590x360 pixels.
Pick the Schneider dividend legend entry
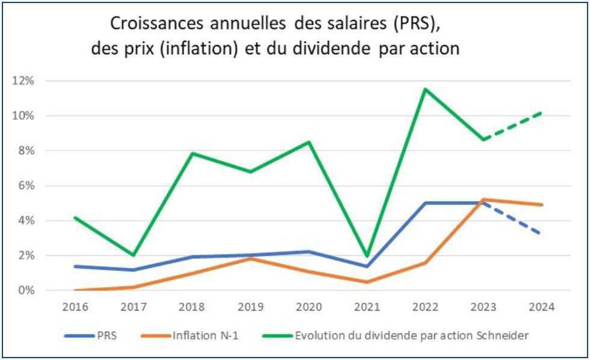397,335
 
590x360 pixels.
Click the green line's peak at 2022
425,89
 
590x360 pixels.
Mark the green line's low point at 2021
367,256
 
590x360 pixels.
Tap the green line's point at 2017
133,255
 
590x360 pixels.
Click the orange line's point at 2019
250,258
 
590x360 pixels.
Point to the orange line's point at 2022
425,262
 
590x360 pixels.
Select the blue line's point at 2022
425,203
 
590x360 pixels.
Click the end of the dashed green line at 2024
542,113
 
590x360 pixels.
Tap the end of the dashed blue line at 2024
542,233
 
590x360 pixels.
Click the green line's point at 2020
308,142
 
